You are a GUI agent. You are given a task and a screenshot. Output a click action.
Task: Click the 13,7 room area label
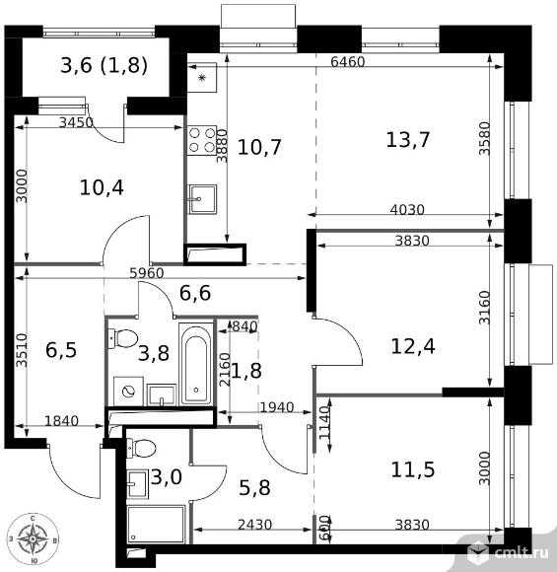408,140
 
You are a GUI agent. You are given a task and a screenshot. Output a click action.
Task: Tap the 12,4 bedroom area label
413,346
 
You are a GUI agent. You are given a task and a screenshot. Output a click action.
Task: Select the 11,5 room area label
413,469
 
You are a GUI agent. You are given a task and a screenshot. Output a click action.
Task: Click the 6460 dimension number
348,62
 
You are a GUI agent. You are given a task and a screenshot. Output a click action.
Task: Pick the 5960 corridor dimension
147,273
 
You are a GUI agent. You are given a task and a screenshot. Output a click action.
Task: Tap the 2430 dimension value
255,525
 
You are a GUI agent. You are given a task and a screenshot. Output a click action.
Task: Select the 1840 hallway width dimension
61,421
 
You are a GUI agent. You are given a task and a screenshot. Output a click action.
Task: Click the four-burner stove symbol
202,140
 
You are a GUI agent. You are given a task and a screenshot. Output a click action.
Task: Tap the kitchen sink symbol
202,199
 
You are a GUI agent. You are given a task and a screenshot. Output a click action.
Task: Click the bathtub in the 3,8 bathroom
196,365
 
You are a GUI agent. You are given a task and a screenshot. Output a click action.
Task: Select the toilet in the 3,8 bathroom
123,338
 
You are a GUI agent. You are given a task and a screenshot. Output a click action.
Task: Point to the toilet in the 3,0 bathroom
141,448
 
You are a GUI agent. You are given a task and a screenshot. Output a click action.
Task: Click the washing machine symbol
128,392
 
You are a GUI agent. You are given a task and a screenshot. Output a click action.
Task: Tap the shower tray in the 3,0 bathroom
156,525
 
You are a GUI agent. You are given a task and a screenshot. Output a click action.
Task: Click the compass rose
33,538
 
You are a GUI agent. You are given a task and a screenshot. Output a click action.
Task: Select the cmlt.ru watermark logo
508,552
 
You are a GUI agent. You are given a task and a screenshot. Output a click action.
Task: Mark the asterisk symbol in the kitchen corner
202,78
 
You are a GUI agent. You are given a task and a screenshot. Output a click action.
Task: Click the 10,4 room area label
102,187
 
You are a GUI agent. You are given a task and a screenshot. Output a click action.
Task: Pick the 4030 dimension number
407,210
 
